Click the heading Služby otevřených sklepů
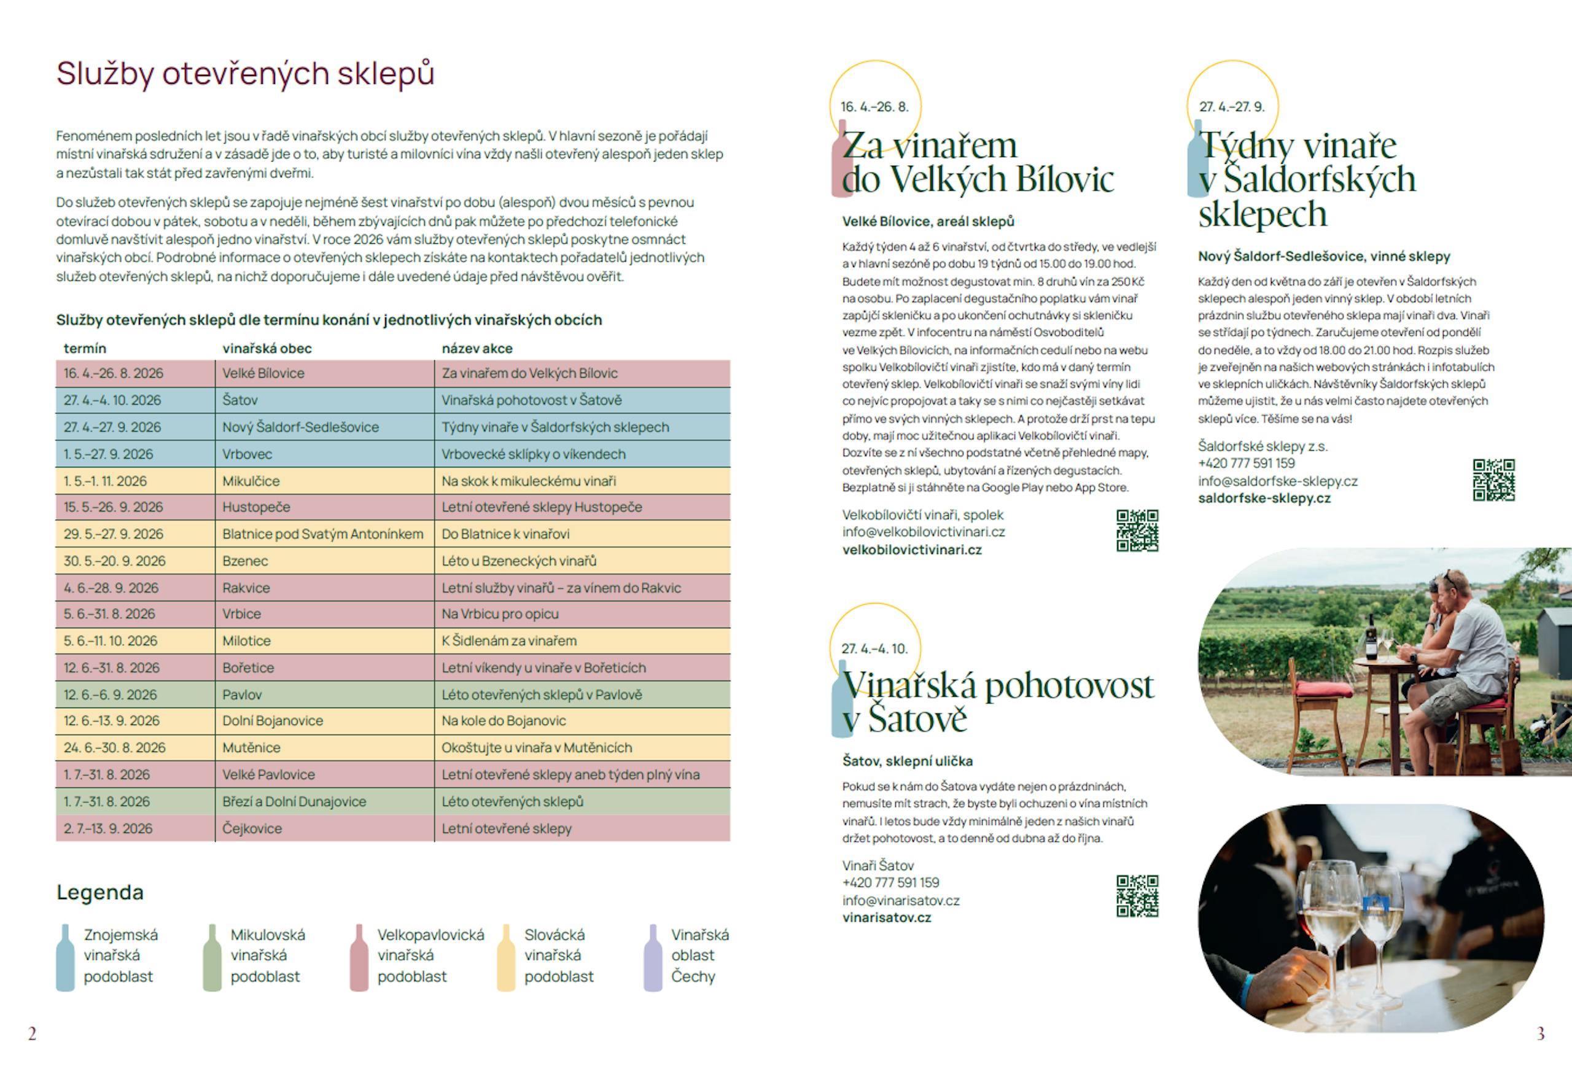245,74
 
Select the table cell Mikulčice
251,481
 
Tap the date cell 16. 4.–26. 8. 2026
114,373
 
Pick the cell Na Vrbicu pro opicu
500,614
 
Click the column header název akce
477,348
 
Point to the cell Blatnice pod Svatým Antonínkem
322,534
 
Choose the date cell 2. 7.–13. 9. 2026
108,828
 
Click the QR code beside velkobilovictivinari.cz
1137,531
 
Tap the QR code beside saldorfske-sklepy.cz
1493,480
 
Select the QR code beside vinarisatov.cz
1137,897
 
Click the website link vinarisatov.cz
887,918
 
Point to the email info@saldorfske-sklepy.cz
1278,481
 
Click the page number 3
1541,1033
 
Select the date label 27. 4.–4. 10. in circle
874,648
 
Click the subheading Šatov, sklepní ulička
907,761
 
